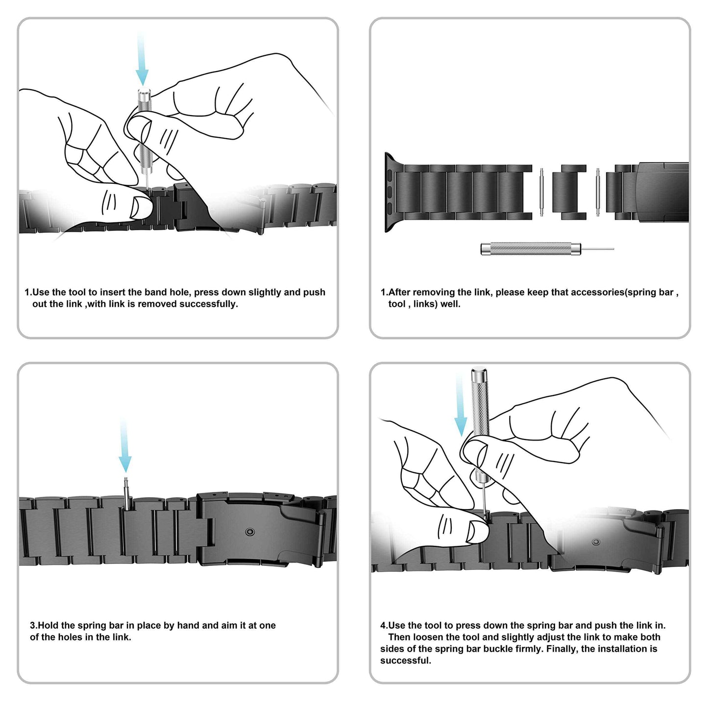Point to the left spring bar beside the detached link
click(542, 192)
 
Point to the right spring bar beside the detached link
click(598, 192)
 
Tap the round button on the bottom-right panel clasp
click(595, 542)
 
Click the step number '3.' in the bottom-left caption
click(34, 626)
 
